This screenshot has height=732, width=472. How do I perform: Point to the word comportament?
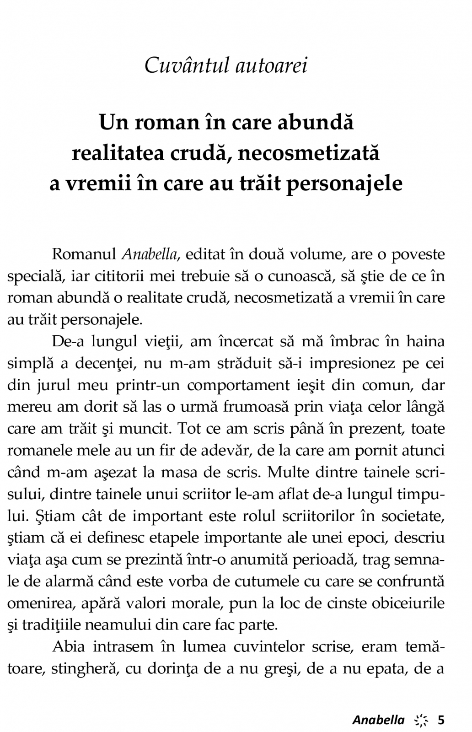click(x=238, y=385)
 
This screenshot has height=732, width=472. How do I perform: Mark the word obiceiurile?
click(x=408, y=603)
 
